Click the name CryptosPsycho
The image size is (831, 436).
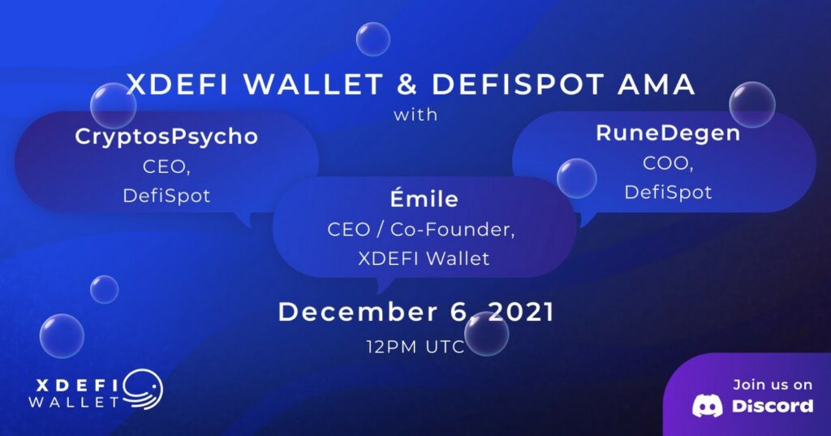click(x=166, y=137)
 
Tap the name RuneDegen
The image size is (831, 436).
click(x=668, y=134)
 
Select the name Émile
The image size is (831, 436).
click(x=424, y=198)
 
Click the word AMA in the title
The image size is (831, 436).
click(x=656, y=85)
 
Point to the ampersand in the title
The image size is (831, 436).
click(x=407, y=85)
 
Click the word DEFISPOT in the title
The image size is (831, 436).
click(x=518, y=85)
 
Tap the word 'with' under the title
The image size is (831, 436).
click(x=415, y=114)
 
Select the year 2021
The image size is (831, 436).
click(x=521, y=312)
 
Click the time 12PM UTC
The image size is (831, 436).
click(x=415, y=347)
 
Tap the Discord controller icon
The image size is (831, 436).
click(x=707, y=406)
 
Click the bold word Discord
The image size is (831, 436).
click(x=773, y=406)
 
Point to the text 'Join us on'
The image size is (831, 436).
click(x=773, y=385)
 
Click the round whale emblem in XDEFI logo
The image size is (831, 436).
click(x=144, y=390)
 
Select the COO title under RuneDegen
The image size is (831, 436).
click(x=668, y=163)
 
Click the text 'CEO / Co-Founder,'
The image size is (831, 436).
click(x=421, y=230)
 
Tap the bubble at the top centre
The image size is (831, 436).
click(x=373, y=39)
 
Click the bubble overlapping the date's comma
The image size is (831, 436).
click(x=487, y=334)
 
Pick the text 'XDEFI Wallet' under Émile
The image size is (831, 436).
click(x=424, y=259)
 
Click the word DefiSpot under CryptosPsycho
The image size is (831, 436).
click(x=166, y=196)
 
